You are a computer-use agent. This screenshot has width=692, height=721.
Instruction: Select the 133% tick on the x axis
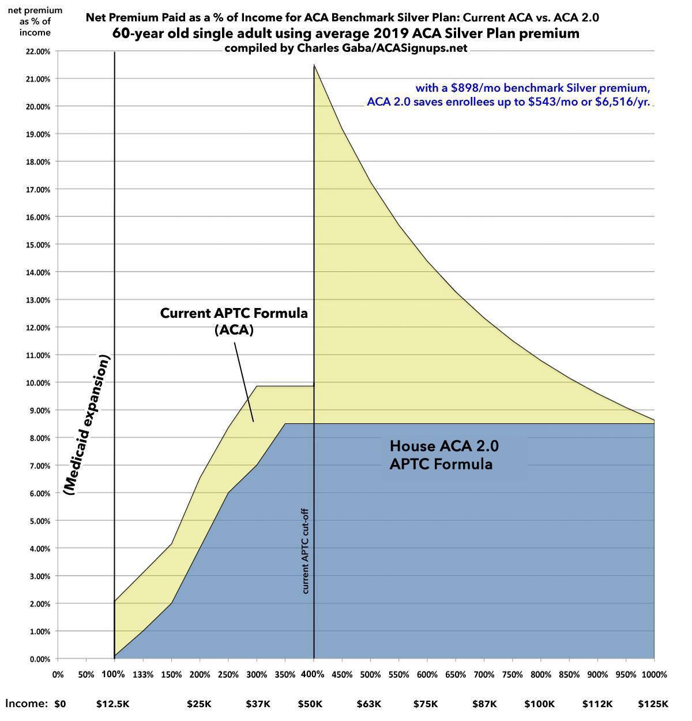click(x=143, y=674)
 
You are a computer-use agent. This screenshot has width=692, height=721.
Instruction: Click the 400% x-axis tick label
click(x=313, y=674)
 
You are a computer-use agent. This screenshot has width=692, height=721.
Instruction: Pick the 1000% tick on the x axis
click(x=655, y=674)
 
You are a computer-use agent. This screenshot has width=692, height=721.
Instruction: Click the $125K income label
click(x=653, y=704)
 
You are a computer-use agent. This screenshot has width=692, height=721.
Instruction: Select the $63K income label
click(x=369, y=704)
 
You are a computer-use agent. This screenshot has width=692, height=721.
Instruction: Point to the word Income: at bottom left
click(x=27, y=704)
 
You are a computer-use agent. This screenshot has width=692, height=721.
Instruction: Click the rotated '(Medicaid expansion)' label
click(x=87, y=425)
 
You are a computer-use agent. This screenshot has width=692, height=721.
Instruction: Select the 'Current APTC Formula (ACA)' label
click(x=234, y=321)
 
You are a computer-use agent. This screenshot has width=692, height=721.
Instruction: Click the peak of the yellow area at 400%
click(x=314, y=65)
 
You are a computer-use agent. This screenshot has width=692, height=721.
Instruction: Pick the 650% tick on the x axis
click(x=456, y=674)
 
